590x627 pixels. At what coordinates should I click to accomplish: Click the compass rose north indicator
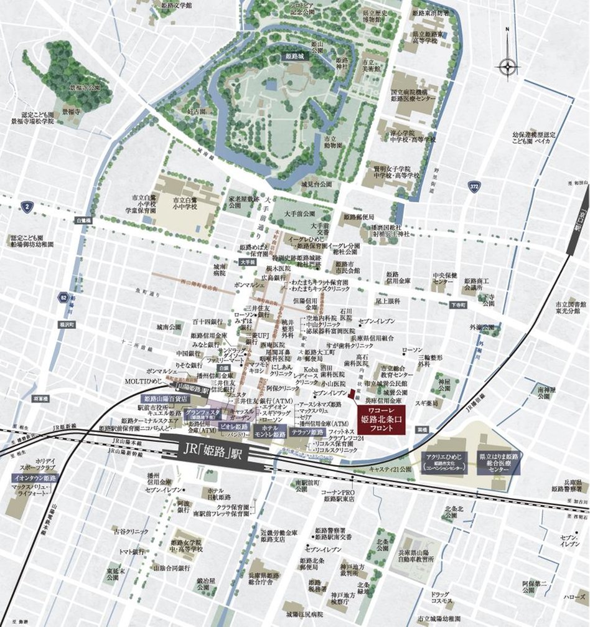508,65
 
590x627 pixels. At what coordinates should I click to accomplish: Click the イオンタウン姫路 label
35,478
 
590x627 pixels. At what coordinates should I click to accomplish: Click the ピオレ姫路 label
233,427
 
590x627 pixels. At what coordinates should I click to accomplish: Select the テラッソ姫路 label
307,432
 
